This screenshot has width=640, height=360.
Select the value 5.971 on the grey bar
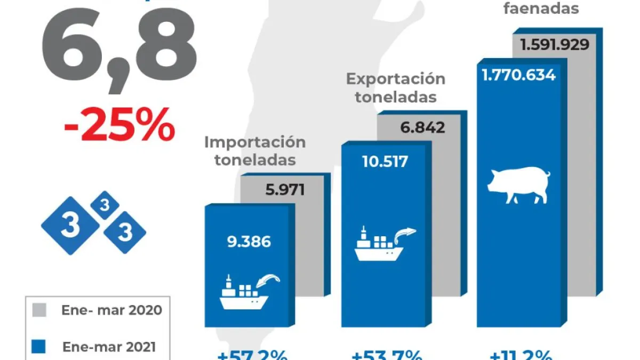pyautogui.click(x=285, y=189)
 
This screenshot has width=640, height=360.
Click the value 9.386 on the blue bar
pyautogui.click(x=249, y=242)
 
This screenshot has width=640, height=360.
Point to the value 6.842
pyautogui.click(x=422, y=127)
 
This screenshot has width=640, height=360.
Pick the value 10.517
pyautogui.click(x=384, y=161)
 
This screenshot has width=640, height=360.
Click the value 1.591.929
pyautogui.click(x=555, y=44)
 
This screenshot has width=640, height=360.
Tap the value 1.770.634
pyautogui.click(x=518, y=75)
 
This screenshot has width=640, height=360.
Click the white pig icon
pyautogui.click(x=518, y=184)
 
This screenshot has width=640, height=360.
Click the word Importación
pyautogui.click(x=255, y=142)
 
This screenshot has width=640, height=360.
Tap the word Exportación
pyautogui.click(x=395, y=79)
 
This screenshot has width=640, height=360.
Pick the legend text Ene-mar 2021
pyautogui.click(x=109, y=347)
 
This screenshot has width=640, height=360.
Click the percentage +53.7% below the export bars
pyautogui.click(x=387, y=355)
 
